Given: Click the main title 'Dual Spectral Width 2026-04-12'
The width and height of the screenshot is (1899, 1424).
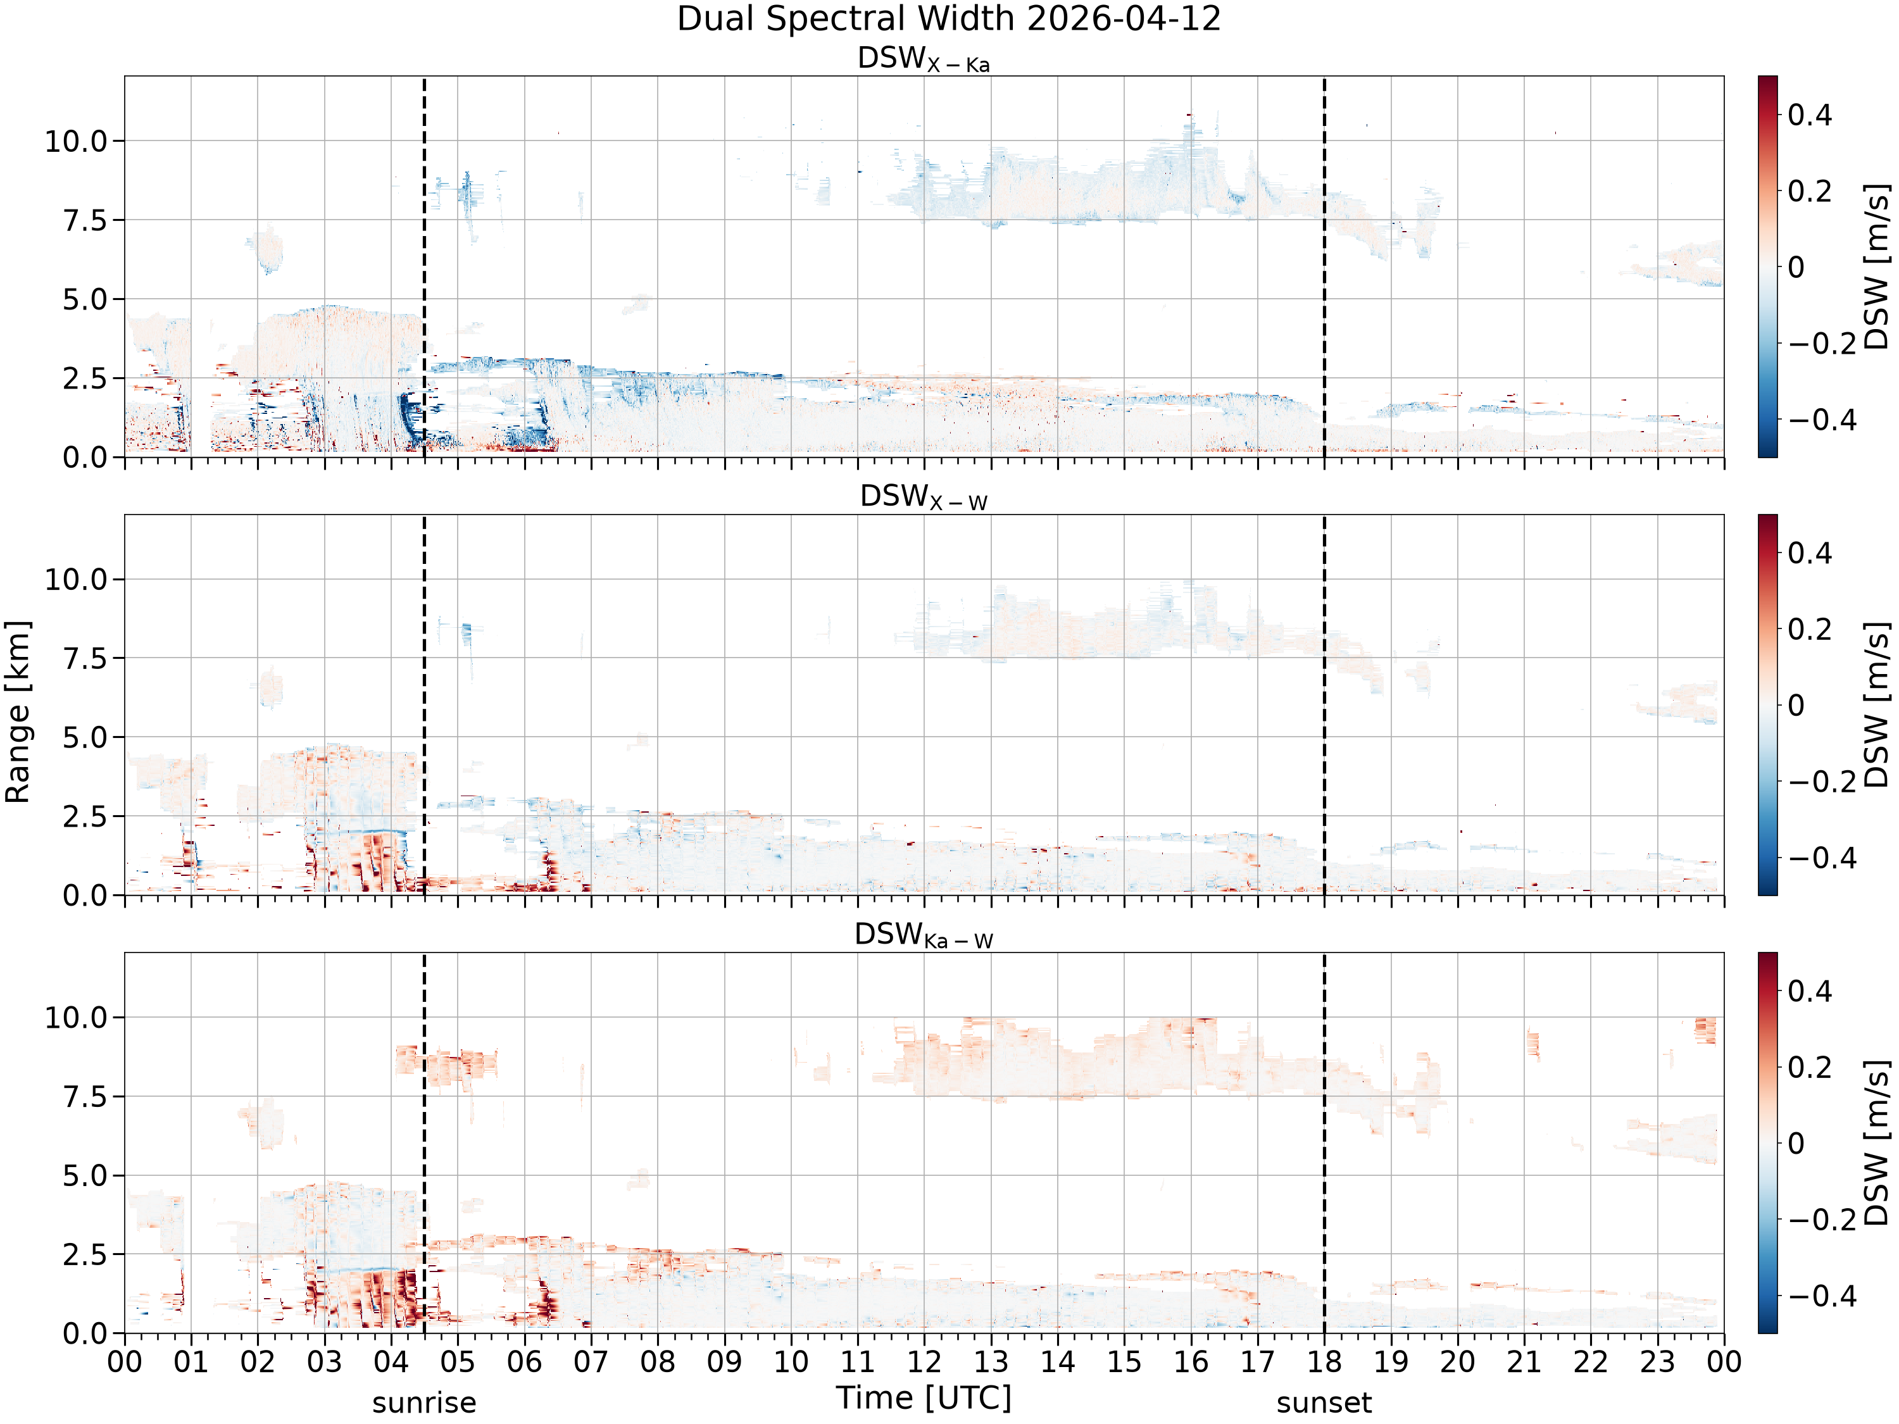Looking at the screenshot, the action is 949,19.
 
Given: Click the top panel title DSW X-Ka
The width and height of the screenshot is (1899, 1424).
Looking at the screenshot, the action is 924,59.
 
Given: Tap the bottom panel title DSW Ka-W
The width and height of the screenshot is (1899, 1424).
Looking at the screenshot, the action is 924,935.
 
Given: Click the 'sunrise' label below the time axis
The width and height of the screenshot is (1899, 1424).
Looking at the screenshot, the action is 424,1402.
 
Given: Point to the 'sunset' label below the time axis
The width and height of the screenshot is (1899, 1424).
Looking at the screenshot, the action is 1324,1402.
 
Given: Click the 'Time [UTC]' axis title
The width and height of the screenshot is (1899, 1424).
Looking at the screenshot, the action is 924,1398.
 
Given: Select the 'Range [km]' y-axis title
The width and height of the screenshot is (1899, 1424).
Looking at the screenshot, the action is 17,711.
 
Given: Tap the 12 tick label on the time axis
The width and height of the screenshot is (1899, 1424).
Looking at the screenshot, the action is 925,1362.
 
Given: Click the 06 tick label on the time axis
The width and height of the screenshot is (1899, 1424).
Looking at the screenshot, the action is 525,1362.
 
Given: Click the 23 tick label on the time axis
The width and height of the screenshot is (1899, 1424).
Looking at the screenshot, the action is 1657,1362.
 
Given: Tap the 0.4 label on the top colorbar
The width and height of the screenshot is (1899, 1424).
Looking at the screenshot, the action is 1810,115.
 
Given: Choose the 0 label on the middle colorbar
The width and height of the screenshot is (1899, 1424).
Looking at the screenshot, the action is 1796,706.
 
